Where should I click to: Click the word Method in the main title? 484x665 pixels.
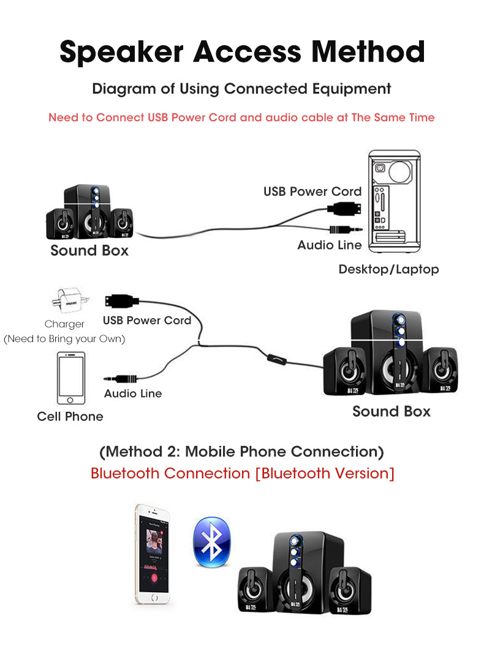(368, 51)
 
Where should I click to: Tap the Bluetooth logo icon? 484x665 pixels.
(211, 541)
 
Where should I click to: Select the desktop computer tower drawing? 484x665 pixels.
(395, 201)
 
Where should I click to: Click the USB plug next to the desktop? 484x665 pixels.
(344, 208)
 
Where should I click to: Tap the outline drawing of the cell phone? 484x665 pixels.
(71, 378)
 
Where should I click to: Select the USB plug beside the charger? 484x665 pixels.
(122, 301)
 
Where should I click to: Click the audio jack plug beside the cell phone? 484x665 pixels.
(121, 378)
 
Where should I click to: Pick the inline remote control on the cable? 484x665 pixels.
(277, 360)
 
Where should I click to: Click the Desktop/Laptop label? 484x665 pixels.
(388, 269)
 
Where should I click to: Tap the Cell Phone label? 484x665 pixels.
(70, 417)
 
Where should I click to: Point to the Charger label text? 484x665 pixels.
(64, 324)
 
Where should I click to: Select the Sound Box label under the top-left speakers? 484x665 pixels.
(89, 250)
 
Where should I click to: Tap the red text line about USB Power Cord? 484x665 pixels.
(241, 117)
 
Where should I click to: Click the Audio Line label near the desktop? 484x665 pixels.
(330, 245)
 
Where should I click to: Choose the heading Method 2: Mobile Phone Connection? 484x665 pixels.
(241, 451)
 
